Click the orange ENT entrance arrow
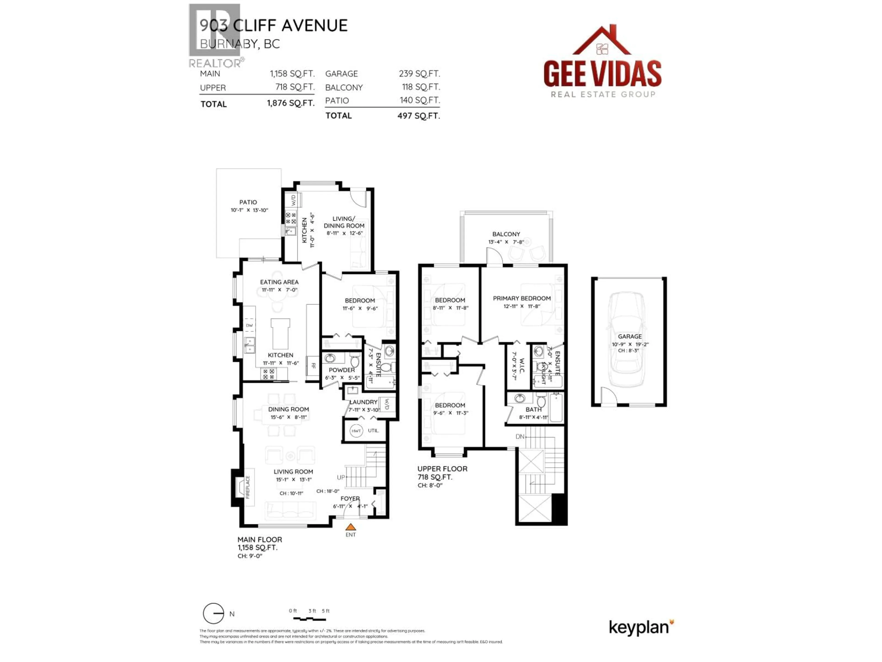[x=351, y=527]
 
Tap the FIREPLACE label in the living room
[x=248, y=487]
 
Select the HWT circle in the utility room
[x=356, y=431]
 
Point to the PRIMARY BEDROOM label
[x=522, y=299]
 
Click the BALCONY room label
[x=506, y=234]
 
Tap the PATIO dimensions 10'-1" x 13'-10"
[x=249, y=210]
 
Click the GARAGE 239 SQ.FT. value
[x=419, y=74]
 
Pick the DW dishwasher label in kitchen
[x=249, y=326]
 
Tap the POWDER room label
[x=342, y=370]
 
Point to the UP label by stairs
[x=341, y=477]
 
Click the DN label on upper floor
[x=520, y=437]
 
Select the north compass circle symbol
[x=213, y=613]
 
